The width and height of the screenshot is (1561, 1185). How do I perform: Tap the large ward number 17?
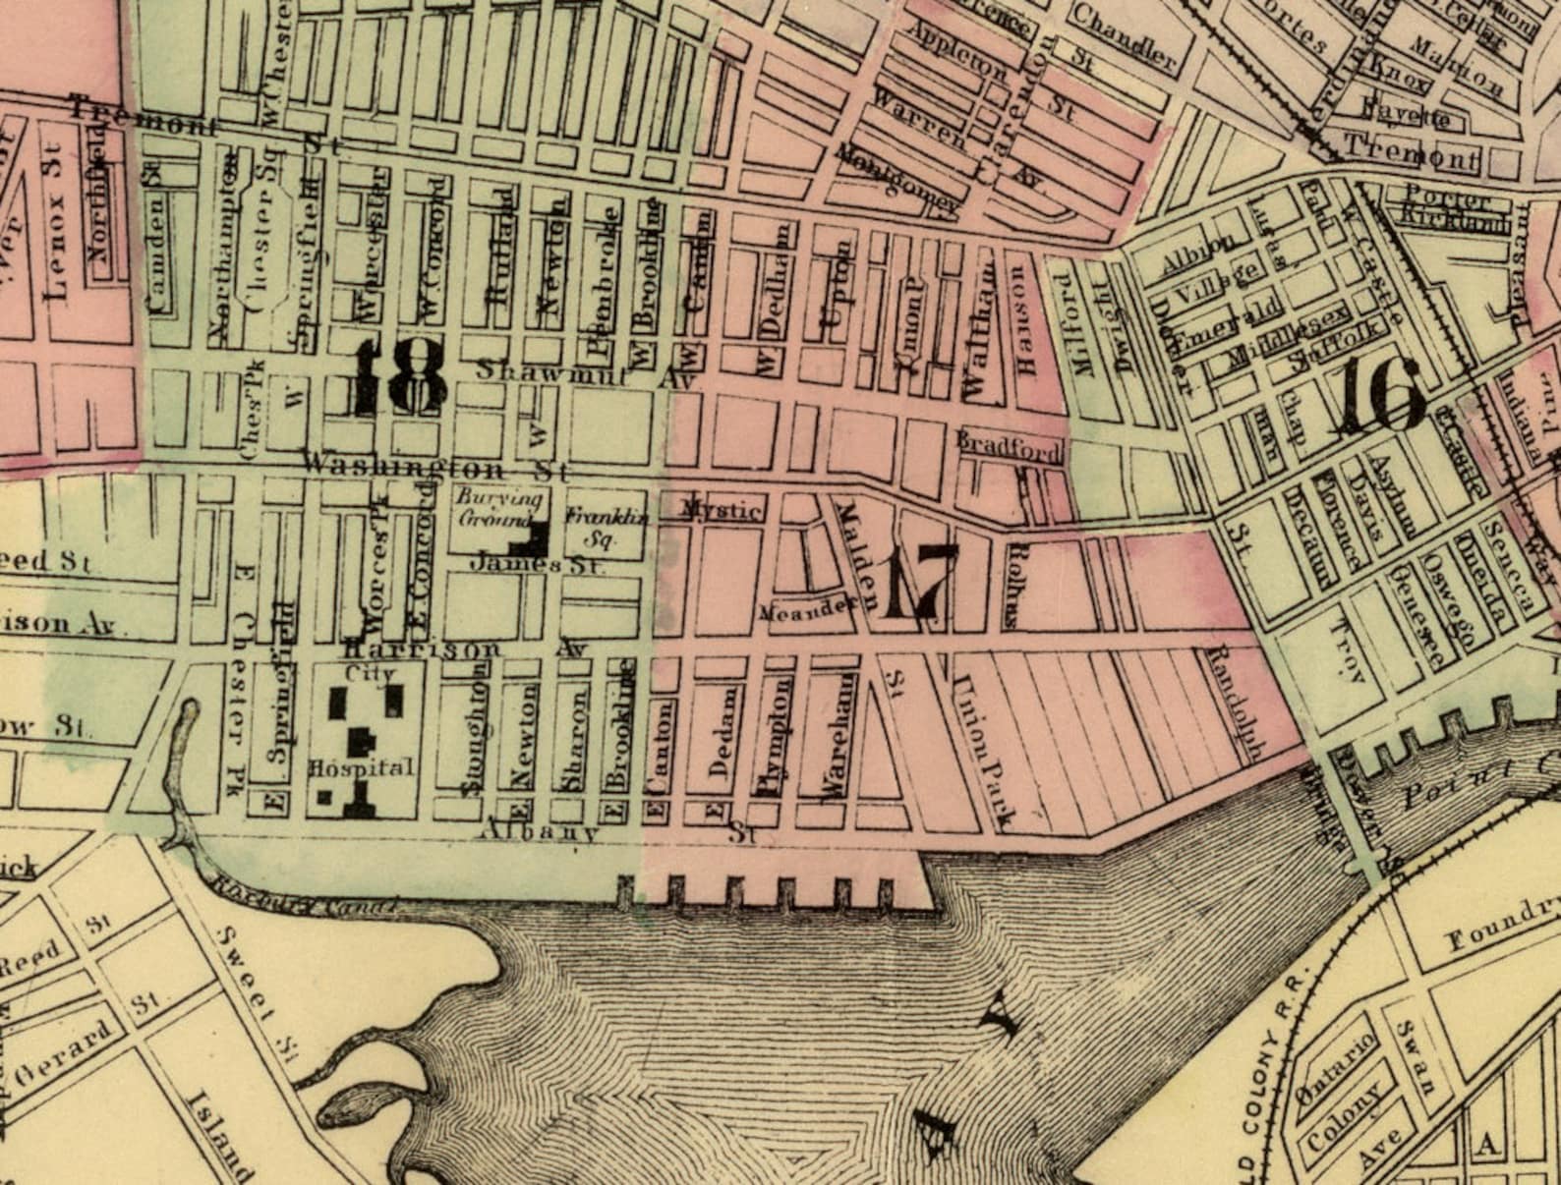[919, 582]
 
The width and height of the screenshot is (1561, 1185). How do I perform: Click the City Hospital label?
[360, 722]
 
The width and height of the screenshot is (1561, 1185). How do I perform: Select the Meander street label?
[810, 609]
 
